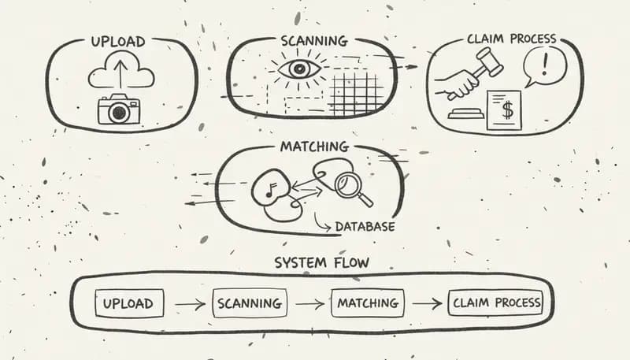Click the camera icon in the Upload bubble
(x=118, y=111)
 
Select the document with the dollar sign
(x=505, y=110)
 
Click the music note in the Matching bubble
(x=269, y=187)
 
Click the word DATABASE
(x=365, y=227)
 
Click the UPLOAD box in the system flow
(x=128, y=302)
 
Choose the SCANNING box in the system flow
(x=249, y=302)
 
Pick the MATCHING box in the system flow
(x=367, y=302)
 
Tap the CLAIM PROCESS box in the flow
(x=495, y=302)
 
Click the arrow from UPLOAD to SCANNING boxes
(x=189, y=302)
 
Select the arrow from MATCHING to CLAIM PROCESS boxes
(x=426, y=302)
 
